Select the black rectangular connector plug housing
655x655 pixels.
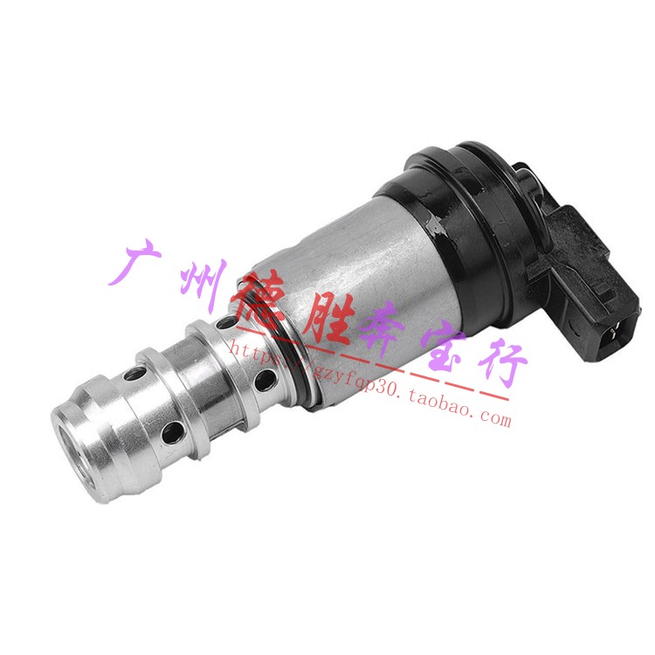[x=594, y=288]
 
